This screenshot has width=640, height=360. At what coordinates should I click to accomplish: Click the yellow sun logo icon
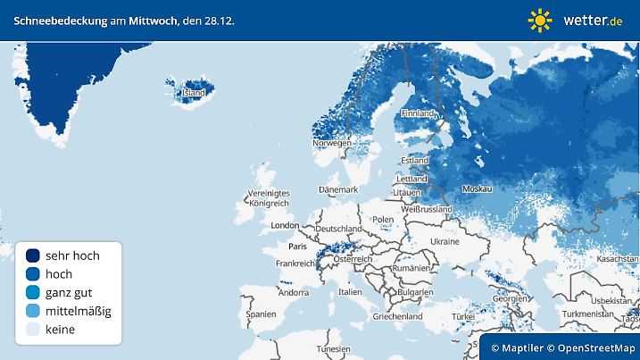pyautogui.click(x=540, y=20)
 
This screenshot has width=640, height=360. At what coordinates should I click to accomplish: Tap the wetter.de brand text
pyautogui.click(x=593, y=20)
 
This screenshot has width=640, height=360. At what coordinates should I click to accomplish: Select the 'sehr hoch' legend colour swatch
pyautogui.click(x=32, y=255)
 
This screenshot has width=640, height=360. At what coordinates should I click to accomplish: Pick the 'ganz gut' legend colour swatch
pyautogui.click(x=32, y=292)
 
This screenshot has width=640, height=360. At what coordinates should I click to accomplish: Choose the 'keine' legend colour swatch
pyautogui.click(x=32, y=330)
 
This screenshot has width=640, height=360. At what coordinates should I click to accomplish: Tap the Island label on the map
pyautogui.click(x=194, y=92)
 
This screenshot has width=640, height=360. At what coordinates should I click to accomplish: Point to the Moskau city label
pyautogui.click(x=479, y=189)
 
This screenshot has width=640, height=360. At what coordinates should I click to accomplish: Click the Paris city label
pyautogui.click(x=297, y=245)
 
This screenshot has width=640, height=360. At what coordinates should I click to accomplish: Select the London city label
pyautogui.click(x=285, y=225)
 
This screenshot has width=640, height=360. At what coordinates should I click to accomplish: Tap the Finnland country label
pyautogui.click(x=418, y=113)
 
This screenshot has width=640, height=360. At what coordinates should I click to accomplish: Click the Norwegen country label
pyautogui.click(x=332, y=143)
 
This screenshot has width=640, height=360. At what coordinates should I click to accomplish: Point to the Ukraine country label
pyautogui.click(x=445, y=241)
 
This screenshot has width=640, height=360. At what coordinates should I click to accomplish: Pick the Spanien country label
pyautogui.click(x=262, y=314)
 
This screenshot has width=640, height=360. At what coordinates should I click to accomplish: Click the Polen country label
pyautogui.click(x=384, y=219)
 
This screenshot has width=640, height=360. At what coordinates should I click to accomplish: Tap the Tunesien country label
pyautogui.click(x=334, y=348)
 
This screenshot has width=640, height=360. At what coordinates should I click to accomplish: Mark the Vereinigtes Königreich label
pyautogui.click(x=269, y=198)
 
